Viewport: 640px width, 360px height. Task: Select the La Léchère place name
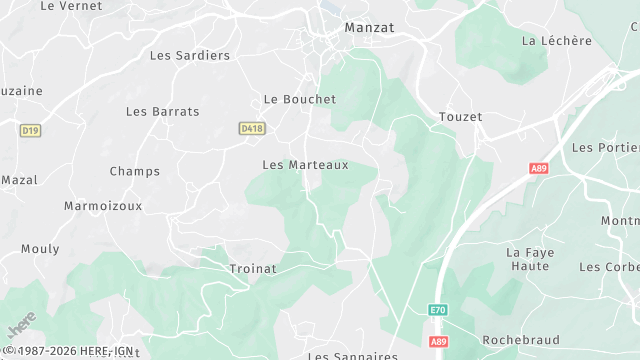[557, 41]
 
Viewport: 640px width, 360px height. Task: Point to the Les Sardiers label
[190, 56]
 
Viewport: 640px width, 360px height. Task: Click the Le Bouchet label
[299, 100]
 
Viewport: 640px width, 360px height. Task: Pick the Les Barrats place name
[163, 112]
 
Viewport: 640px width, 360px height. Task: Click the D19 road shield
[30, 130]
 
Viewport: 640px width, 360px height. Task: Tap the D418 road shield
[252, 129]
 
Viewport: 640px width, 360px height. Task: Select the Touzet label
[460, 118]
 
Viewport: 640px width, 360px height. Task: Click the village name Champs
[134, 172]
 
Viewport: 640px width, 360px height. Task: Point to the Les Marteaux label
[305, 165]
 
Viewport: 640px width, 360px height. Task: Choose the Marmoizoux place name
[103, 206]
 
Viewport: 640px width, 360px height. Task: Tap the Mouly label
[40, 249]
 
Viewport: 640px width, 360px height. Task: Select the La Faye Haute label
[529, 260]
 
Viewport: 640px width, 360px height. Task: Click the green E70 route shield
[438, 311]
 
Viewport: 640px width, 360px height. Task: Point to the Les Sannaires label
[352, 355]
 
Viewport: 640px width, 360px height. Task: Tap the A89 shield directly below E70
[438, 341]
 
